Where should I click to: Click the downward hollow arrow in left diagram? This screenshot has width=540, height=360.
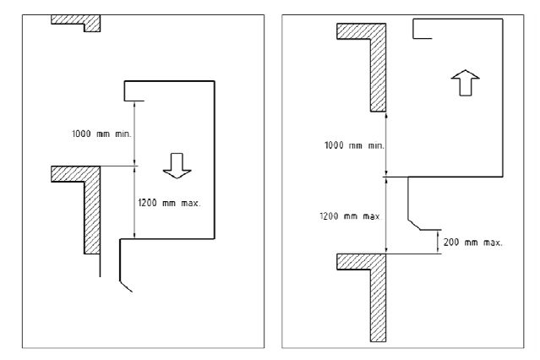pos(177,166)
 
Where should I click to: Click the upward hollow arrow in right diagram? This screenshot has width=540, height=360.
pos(466,83)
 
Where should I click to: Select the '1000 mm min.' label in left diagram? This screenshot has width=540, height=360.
pos(101,134)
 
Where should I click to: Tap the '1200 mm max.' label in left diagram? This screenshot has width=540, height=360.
pos(169,203)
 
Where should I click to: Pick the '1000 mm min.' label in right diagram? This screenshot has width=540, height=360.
pos(354,145)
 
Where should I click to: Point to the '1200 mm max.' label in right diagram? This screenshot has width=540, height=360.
pos(350,216)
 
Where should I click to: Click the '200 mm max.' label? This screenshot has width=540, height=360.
pos(473,243)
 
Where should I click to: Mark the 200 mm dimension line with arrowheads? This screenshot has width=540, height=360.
pos(438,242)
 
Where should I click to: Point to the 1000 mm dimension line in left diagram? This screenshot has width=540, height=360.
pos(134,134)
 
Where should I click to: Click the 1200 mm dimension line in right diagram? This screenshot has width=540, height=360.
pos(386,215)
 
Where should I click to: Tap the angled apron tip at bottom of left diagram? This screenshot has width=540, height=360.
pos(126,286)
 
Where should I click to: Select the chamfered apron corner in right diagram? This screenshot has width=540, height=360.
pos(414,224)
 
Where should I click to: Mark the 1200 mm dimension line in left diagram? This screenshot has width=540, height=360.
pos(134,203)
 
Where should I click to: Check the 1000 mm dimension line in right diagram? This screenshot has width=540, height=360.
pos(386,145)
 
